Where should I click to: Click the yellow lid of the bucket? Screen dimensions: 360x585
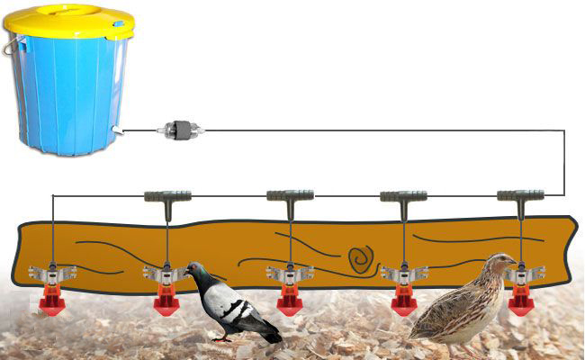click(68, 20)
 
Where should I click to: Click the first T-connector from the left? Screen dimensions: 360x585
click(167, 194)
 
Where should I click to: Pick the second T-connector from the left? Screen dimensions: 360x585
click(290, 194)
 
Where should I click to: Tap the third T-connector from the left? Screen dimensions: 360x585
click(402, 195)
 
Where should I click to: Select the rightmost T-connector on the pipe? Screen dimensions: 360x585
click(521, 194)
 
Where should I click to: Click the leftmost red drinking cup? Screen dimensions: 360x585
click(51, 302)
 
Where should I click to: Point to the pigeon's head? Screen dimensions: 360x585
click(195, 270)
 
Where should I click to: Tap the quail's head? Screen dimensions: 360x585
click(497, 262)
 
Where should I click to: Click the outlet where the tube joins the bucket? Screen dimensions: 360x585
click(118, 132)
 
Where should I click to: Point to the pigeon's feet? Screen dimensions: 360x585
click(220, 337)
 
